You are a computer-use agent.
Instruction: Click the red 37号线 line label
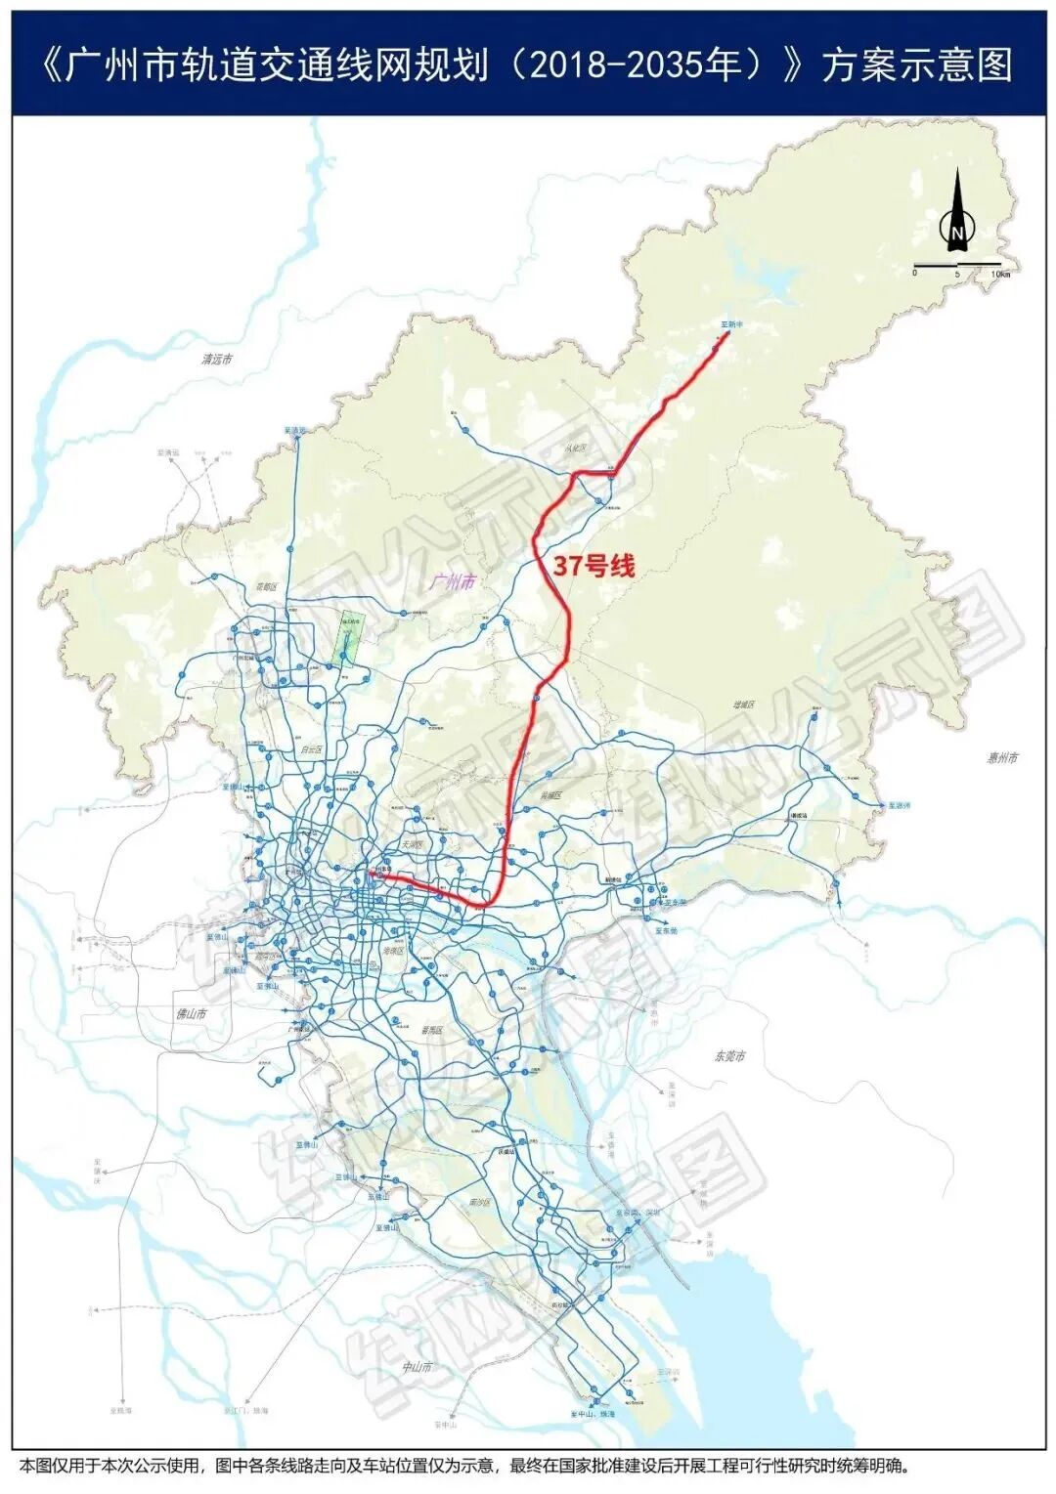tap(594, 565)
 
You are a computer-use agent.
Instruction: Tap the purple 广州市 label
tap(452, 581)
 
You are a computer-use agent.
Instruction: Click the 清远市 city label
tap(217, 360)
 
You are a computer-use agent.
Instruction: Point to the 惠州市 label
tap(1001, 757)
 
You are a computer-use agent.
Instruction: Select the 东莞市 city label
tap(728, 1056)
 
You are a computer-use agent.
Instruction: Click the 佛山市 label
tap(191, 1014)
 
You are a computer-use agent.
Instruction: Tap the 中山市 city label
tap(418, 1367)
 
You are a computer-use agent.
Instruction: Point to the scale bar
tap(956, 266)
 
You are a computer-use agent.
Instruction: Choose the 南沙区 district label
tap(480, 1202)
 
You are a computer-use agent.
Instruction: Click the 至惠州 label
tap(899, 805)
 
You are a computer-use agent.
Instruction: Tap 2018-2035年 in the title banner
tap(625, 66)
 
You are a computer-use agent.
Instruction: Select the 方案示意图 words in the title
tap(916, 66)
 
